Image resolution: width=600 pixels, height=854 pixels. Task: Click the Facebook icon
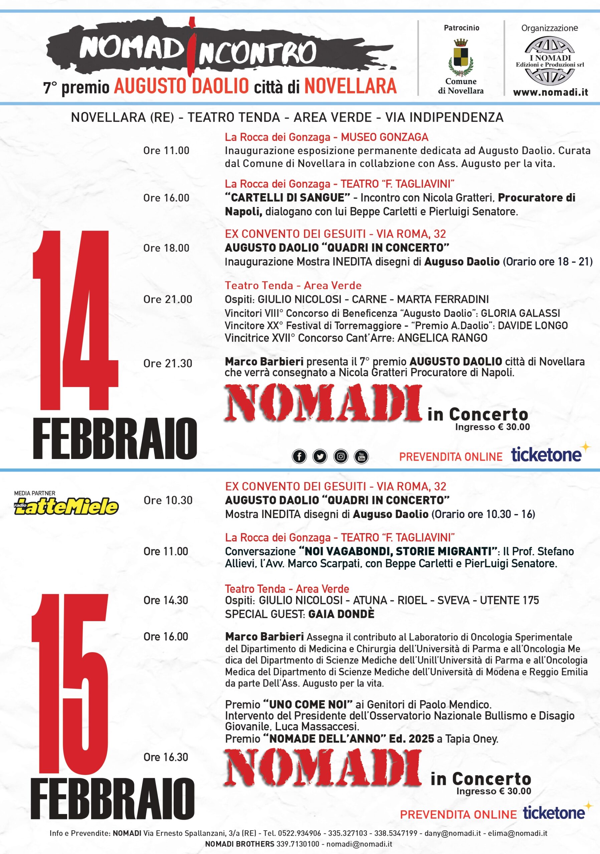click(299, 456)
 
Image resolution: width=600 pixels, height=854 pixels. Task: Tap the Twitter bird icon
click(320, 456)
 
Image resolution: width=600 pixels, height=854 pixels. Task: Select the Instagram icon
click(341, 456)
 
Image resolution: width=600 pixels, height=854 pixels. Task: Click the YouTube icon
click(361, 456)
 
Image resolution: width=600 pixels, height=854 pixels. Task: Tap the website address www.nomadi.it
click(550, 93)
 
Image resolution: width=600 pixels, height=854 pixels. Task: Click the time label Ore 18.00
click(166, 248)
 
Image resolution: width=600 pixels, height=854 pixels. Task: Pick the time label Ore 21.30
click(168, 363)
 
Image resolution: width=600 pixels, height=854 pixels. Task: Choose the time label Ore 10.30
click(168, 500)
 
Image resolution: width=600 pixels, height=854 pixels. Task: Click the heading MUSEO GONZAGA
click(385, 137)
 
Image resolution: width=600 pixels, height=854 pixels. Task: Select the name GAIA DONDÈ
click(341, 614)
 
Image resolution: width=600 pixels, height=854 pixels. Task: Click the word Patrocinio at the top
click(461, 28)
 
